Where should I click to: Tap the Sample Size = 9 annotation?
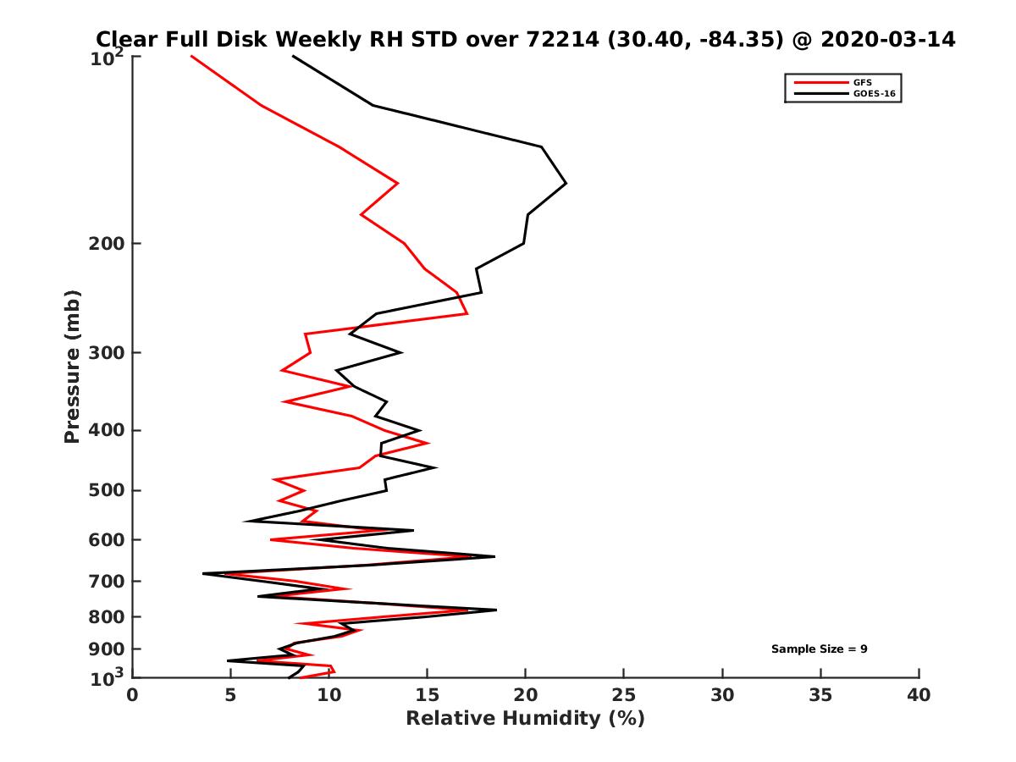coord(819,649)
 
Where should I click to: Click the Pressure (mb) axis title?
coord(72,366)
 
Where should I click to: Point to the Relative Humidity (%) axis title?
coord(525,719)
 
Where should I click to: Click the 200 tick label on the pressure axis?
coord(108,244)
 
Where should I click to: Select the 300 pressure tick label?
coord(108,352)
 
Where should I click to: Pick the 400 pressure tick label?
coord(108,430)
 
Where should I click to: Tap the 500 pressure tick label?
coord(108,490)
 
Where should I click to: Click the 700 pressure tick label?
coord(108,581)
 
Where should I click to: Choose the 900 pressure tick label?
coord(108,649)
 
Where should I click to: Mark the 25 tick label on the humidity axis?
coord(624,695)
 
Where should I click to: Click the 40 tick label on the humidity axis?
coord(919,695)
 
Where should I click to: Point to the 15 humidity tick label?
coord(428,695)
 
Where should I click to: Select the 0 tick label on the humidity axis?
coord(133,695)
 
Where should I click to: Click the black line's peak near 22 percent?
coord(566,183)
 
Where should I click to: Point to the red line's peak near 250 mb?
coord(467,314)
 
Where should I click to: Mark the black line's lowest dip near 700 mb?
coord(203,574)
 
